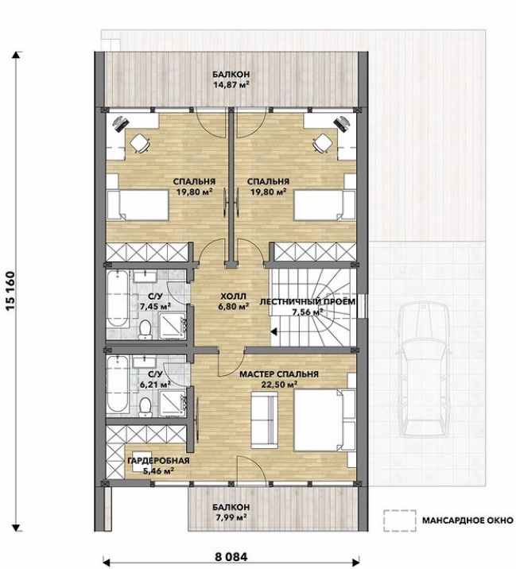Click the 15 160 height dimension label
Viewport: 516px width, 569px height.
(11, 290)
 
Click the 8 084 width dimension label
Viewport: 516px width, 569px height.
(231, 556)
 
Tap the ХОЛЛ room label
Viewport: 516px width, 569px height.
(233, 296)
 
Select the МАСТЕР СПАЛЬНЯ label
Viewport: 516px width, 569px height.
(279, 374)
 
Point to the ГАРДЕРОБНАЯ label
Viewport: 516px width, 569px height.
(159, 461)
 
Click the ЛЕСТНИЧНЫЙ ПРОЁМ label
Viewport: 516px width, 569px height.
(308, 302)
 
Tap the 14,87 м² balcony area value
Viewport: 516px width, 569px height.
(231, 85)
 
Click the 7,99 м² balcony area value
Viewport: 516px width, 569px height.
(231, 517)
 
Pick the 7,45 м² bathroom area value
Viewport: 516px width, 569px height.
(155, 307)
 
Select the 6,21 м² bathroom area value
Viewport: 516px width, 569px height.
(155, 384)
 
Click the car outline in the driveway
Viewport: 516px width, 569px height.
(424, 370)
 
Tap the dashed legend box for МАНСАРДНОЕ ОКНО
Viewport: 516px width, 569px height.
(400, 521)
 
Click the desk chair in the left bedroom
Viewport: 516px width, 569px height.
(140, 143)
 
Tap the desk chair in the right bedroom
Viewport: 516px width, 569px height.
(323, 143)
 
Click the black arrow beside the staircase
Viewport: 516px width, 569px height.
(274, 331)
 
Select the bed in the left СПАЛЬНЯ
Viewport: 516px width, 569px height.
(138, 205)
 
